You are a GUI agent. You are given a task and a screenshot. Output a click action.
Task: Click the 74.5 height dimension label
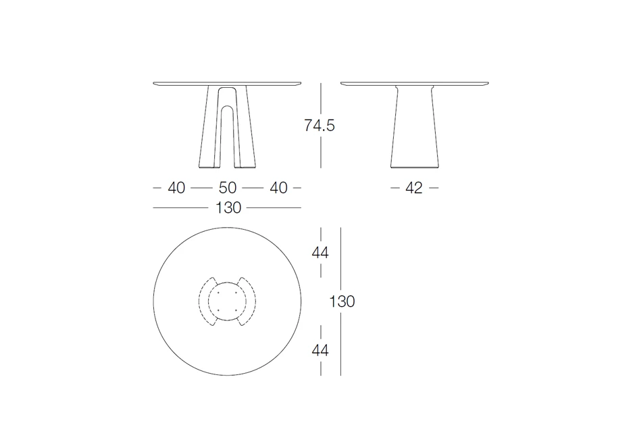[x=319, y=126]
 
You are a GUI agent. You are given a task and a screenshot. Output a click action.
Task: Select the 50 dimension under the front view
[x=228, y=188]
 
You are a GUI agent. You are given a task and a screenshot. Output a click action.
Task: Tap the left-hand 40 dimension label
[x=176, y=188]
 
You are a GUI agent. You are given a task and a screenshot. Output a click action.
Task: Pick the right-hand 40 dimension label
[x=278, y=188]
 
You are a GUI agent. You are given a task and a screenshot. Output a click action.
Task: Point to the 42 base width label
[x=414, y=188]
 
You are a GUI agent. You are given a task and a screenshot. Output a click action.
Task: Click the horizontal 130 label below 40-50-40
[x=228, y=208]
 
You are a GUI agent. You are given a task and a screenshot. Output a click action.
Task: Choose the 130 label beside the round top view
[x=342, y=302]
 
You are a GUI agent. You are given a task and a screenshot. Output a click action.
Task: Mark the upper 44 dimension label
[x=320, y=253]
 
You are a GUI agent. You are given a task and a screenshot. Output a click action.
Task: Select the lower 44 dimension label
[x=320, y=350]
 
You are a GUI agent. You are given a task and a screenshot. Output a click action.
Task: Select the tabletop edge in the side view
[x=414, y=84]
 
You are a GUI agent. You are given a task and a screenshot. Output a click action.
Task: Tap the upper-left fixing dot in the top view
[x=219, y=293]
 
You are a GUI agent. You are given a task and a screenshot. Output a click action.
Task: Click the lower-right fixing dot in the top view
[x=236, y=310]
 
